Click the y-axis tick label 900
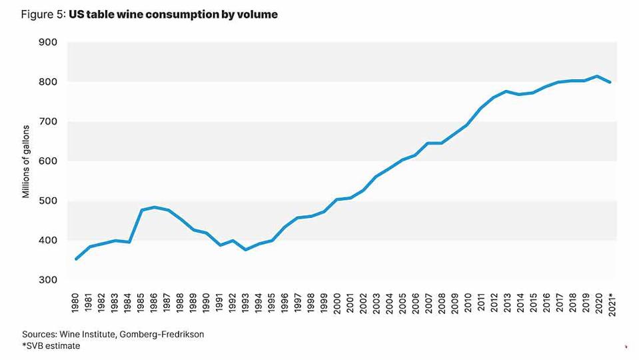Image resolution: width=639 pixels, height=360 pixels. pyautogui.click(x=49, y=42)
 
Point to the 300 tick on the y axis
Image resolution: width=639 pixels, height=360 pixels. pyautogui.click(x=49, y=280)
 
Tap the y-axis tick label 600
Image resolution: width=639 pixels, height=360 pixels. pyautogui.click(x=49, y=161)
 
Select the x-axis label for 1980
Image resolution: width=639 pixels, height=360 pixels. pyautogui.click(x=75, y=301)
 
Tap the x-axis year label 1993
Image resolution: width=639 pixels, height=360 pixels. pyautogui.click(x=245, y=301)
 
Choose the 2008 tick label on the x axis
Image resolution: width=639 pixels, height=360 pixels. pyautogui.click(x=440, y=301)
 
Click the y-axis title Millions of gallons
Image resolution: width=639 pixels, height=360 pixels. pyautogui.click(x=27, y=161)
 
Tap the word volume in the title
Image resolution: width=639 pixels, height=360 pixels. pyautogui.click(x=256, y=14)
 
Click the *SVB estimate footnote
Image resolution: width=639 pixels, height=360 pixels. pyautogui.click(x=51, y=346)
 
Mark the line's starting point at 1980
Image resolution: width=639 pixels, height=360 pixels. pyautogui.click(x=75, y=259)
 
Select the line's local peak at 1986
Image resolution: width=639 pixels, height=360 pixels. pyautogui.click(x=154, y=207)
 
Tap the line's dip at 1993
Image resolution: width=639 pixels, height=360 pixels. pyautogui.click(x=245, y=249)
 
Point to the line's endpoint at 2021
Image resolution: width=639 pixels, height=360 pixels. pyautogui.click(x=610, y=82)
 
